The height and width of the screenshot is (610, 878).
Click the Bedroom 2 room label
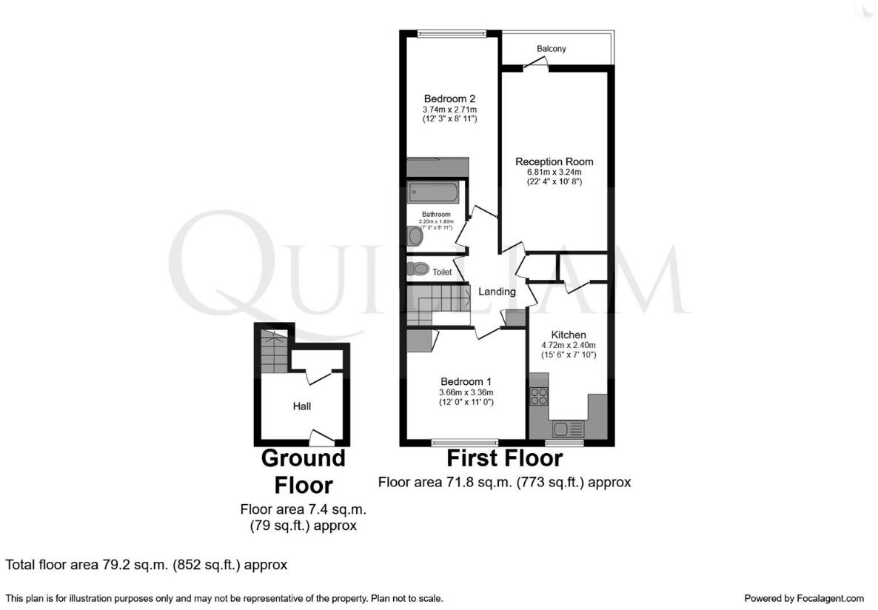pyautogui.click(x=449, y=98)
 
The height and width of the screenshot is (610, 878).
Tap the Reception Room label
pyautogui.click(x=554, y=161)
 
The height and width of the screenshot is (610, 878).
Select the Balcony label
pyautogui.click(x=552, y=49)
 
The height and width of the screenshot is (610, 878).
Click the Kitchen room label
pyautogui.click(x=569, y=335)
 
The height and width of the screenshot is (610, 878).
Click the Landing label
pyautogui.click(x=497, y=292)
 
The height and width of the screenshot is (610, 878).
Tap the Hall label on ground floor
pyautogui.click(x=301, y=406)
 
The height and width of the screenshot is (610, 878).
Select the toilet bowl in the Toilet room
pyautogui.click(x=417, y=269)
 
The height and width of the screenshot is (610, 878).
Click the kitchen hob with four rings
pyautogui.click(x=538, y=396)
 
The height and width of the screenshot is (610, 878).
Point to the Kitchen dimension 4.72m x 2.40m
pyautogui.click(x=569, y=345)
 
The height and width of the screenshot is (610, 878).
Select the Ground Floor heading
pyautogui.click(x=303, y=472)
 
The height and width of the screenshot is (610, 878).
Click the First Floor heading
pyautogui.click(x=504, y=458)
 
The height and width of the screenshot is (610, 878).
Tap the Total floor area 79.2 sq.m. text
pyautogui.click(x=147, y=565)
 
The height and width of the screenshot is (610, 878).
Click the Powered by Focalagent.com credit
pyautogui.click(x=803, y=598)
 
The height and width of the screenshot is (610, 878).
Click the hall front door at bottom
pyautogui.click(x=321, y=438)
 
